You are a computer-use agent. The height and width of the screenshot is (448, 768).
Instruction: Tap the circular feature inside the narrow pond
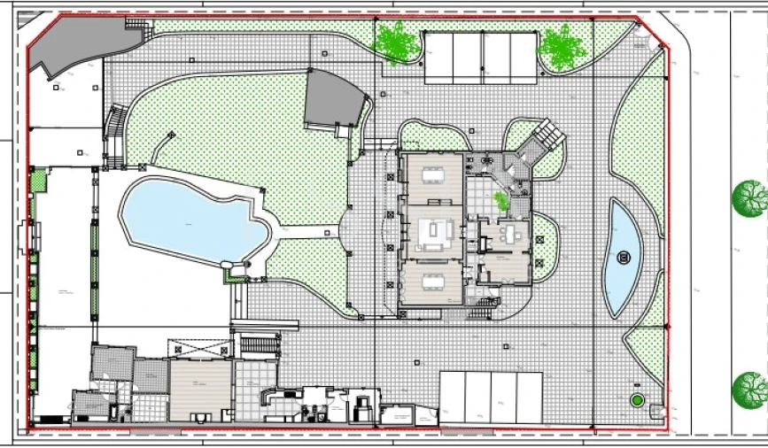tap(624, 259)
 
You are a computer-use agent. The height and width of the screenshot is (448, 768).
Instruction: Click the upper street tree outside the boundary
tap(749, 197)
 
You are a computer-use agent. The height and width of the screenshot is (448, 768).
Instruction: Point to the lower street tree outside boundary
tap(750, 389)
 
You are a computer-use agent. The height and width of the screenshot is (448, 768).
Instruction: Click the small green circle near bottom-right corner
tap(636, 401)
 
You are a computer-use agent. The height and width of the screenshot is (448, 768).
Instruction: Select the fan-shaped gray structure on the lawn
tap(334, 100)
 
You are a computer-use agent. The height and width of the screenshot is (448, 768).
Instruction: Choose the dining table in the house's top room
tap(432, 174)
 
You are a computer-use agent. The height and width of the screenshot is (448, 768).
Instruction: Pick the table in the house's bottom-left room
tap(432, 282)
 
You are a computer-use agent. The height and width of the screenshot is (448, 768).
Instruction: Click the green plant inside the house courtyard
tap(502, 201)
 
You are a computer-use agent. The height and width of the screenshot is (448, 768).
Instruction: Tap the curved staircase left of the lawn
tap(114, 137)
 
